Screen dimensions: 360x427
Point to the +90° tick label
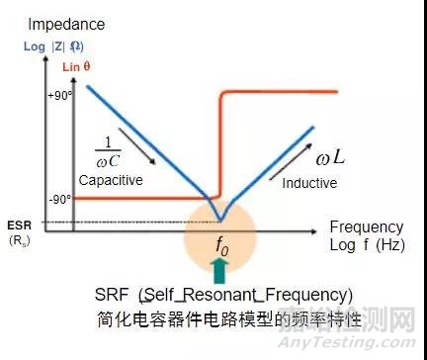pyautogui.click(x=60, y=97)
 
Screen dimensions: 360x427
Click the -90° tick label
pyautogui.click(x=61, y=198)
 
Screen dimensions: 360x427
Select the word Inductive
pyautogui.click(x=309, y=183)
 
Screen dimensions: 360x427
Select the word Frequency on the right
pyautogui.click(x=366, y=226)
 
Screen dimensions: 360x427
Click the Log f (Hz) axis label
pyautogui.click(x=368, y=244)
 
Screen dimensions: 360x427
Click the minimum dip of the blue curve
pyautogui.click(x=222, y=221)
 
